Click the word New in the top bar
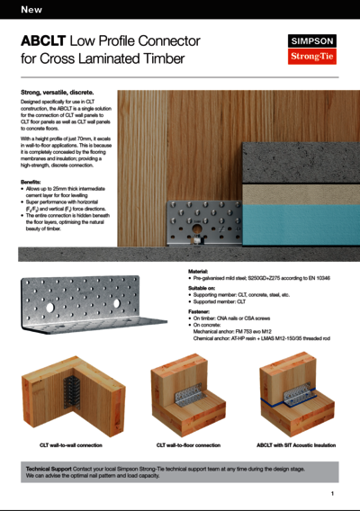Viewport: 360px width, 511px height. click(31, 10)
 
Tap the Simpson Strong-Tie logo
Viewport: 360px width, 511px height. click(311, 49)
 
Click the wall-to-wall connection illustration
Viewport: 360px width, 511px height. click(67, 396)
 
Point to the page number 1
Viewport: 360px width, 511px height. click(332, 494)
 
